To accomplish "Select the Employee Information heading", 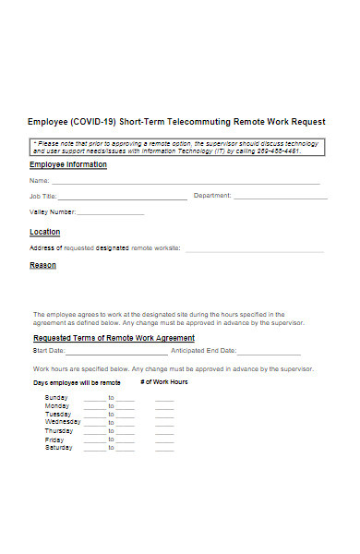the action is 68,164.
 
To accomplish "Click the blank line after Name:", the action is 185,182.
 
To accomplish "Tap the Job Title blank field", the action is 122,198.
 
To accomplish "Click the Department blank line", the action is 280,198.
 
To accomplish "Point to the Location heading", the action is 44,232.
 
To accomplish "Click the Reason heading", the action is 42,265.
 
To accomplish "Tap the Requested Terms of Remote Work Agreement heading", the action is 114,338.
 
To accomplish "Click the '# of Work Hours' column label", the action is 163,381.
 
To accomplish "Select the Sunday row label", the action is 56,397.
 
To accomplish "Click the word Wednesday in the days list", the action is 63,422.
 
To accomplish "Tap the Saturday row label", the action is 59,448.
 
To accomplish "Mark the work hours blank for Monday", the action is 164,407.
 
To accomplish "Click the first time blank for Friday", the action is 94,441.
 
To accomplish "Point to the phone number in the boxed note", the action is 280,151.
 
